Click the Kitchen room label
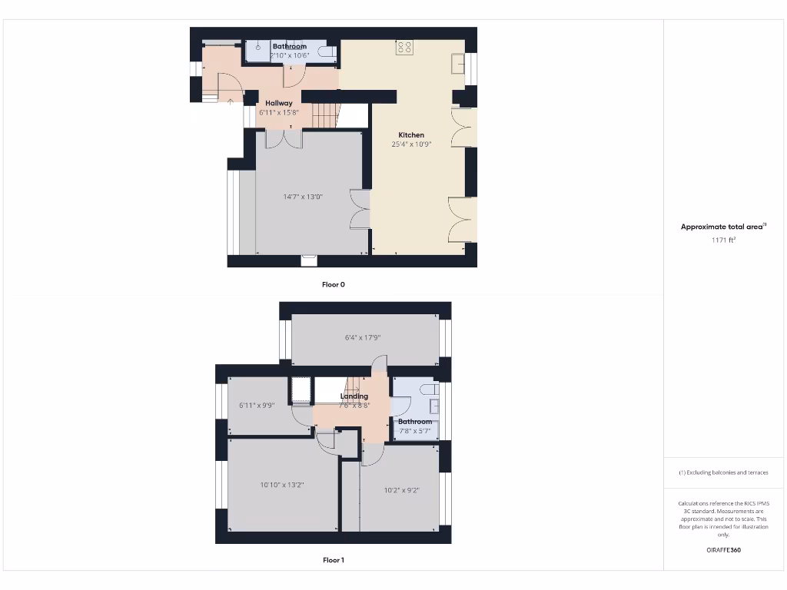click(411, 135)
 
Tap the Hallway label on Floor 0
click(279, 103)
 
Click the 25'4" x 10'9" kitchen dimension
click(411, 144)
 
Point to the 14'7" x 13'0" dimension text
click(303, 197)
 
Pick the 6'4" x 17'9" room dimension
click(363, 337)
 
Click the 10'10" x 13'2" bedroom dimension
click(282, 485)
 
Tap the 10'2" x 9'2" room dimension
click(401, 490)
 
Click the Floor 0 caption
click(334, 284)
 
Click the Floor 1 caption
click(334, 560)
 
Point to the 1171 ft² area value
click(723, 240)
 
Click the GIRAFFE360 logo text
click(723, 550)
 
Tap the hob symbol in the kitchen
click(405, 48)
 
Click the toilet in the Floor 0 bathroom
click(328, 52)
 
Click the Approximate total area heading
click(722, 227)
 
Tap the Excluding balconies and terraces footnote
click(723, 472)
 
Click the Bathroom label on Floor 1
click(415, 422)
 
